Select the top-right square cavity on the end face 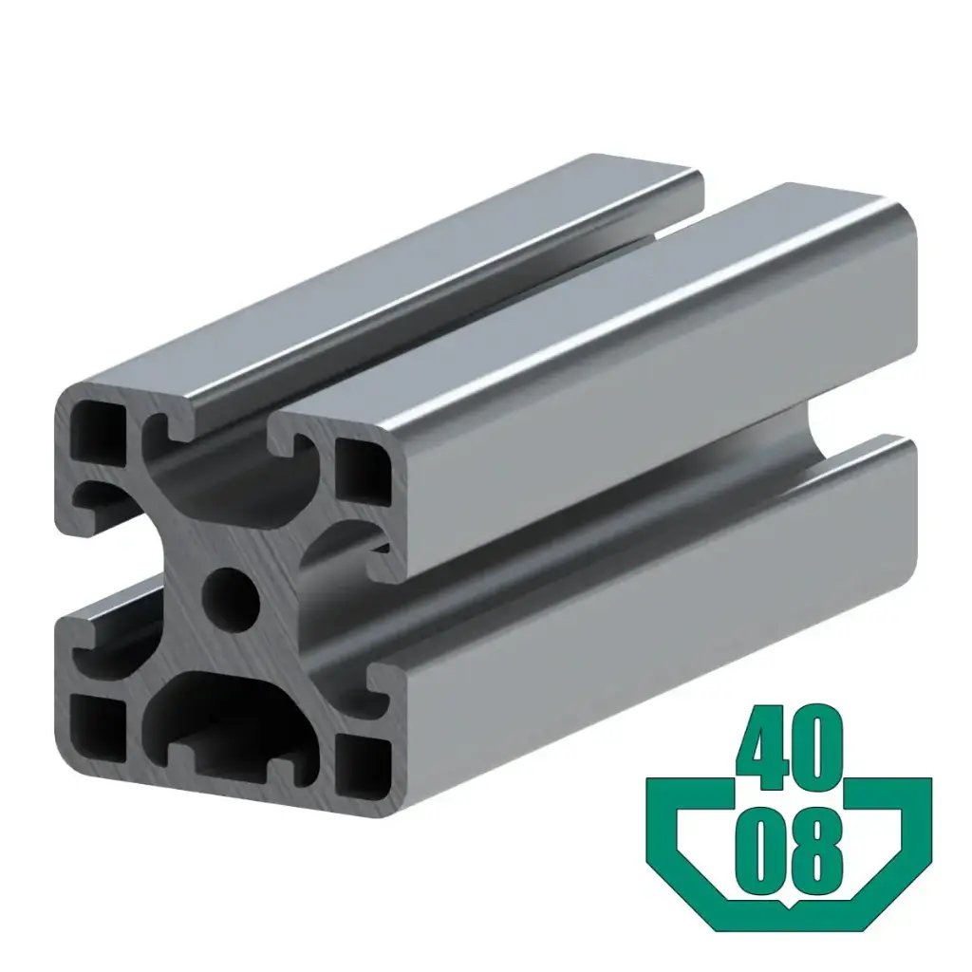(x=364, y=472)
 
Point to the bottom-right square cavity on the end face (x=364, y=759)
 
